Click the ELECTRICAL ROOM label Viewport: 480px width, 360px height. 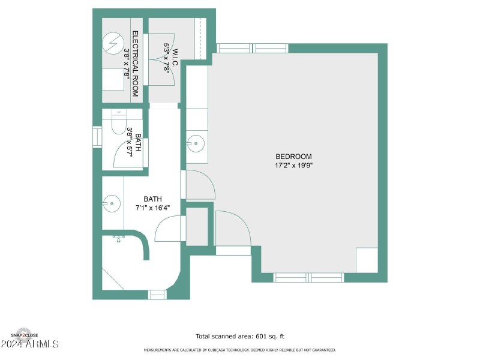(x=136, y=64)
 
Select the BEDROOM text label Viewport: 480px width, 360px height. (x=293, y=157)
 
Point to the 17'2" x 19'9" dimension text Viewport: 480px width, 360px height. (x=293, y=166)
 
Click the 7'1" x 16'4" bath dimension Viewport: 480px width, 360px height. (x=152, y=208)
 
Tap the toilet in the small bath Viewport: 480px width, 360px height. (x=118, y=125)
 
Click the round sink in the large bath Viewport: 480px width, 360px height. (x=108, y=203)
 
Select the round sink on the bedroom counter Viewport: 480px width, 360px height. (x=195, y=143)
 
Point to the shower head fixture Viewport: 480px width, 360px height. (x=119, y=238)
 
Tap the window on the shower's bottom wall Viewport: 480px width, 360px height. (x=157, y=294)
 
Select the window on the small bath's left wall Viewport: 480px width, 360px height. (x=97, y=136)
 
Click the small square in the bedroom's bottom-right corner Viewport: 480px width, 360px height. (x=367, y=260)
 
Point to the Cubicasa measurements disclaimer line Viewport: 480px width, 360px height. (x=239, y=350)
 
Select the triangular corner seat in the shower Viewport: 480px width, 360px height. (x=109, y=280)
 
